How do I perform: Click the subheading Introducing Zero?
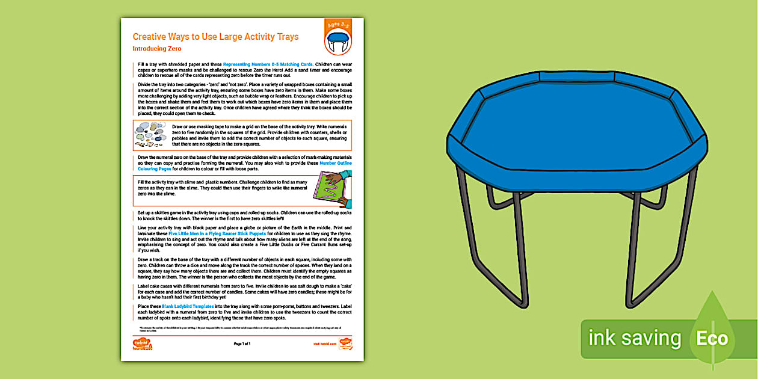pyautogui.click(x=157, y=49)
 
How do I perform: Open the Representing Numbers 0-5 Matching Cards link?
pyautogui.click(x=268, y=63)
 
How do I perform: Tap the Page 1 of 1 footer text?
pyautogui.click(x=242, y=344)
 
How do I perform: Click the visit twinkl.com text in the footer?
pyautogui.click(x=324, y=344)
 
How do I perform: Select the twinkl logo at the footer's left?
pyautogui.click(x=142, y=344)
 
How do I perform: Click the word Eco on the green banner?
pyautogui.click(x=712, y=338)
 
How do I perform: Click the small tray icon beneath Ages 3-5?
pyautogui.click(x=337, y=43)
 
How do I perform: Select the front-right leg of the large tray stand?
pyautogui.click(x=636, y=241)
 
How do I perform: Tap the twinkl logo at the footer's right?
pyautogui.click(x=345, y=344)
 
